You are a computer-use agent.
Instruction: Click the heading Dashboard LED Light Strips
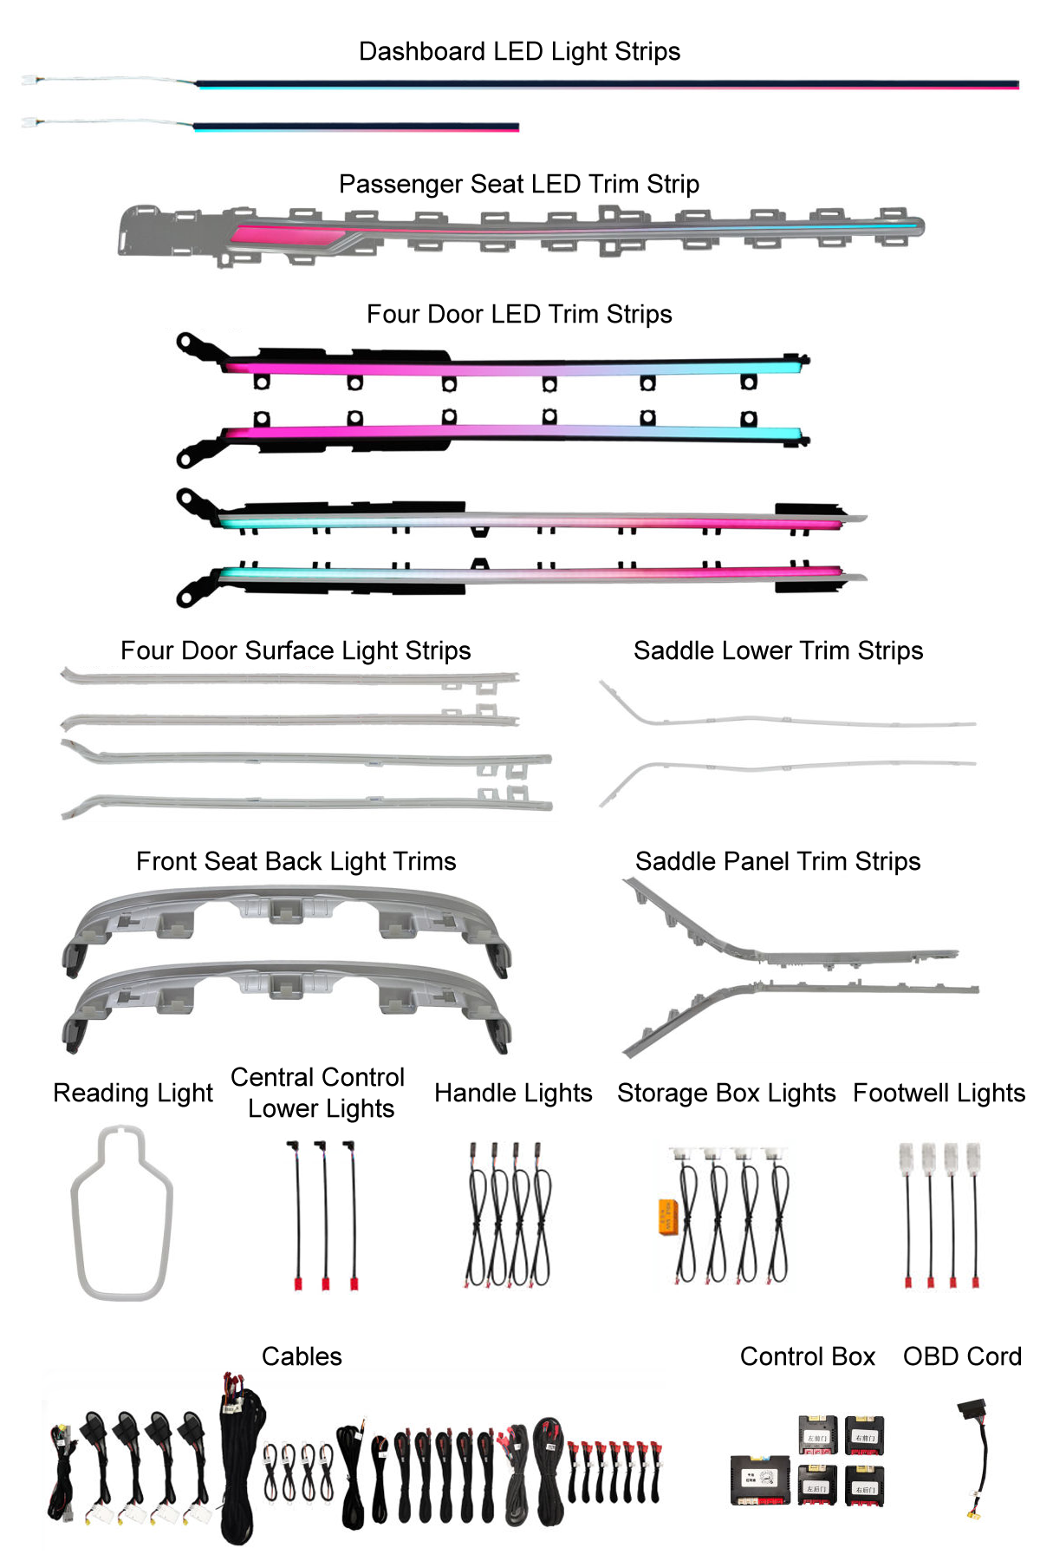(x=519, y=52)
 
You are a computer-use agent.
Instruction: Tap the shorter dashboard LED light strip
(x=355, y=127)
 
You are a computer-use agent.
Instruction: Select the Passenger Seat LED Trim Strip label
(x=518, y=184)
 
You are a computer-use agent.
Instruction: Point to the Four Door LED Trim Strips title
(x=519, y=314)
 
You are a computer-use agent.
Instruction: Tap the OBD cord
(x=977, y=1457)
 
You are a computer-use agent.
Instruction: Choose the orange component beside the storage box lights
(x=666, y=1216)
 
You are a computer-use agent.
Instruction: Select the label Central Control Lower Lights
(x=318, y=1093)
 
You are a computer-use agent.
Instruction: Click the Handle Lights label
(x=513, y=1093)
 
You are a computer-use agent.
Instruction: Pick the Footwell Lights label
(x=939, y=1093)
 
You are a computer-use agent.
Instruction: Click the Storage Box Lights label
(x=726, y=1093)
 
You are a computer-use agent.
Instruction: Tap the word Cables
(x=302, y=1356)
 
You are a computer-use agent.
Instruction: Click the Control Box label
(x=807, y=1356)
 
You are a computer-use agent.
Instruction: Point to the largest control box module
(x=759, y=1479)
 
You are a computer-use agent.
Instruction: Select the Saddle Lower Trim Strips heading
(x=778, y=650)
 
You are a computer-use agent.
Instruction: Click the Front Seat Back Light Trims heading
(x=296, y=861)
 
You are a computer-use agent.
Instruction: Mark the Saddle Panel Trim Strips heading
(x=777, y=861)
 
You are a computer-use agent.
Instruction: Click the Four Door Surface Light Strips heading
(x=296, y=650)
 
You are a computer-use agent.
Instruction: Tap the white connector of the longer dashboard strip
(x=29, y=80)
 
